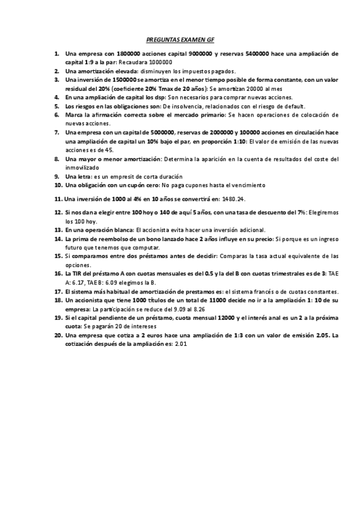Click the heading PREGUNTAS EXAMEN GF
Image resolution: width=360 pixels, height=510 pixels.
click(x=180, y=38)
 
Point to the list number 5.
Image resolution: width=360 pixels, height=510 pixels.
click(x=56, y=106)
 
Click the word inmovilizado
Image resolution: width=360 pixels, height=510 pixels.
click(x=84, y=168)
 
